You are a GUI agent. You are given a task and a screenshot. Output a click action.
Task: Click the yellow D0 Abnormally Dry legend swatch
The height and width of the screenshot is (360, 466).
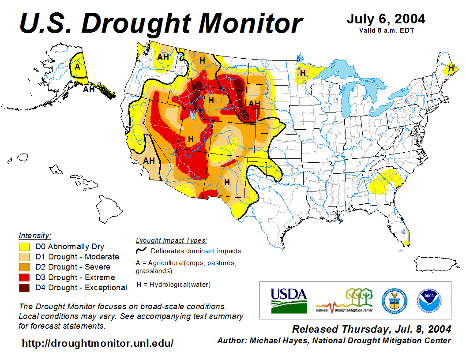24,247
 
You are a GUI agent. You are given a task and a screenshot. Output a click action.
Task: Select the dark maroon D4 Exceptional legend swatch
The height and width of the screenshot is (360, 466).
24,288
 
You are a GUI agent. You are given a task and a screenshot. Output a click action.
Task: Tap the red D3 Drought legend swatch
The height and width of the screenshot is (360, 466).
24,277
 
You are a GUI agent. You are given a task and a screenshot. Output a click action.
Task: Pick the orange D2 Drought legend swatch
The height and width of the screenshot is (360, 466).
24,267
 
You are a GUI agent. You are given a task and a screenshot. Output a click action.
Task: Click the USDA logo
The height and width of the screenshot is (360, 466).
289,300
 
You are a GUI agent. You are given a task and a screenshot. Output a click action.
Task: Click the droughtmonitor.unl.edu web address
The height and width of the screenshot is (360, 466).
98,343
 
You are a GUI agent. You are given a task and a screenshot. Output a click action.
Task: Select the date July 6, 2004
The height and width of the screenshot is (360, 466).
386,19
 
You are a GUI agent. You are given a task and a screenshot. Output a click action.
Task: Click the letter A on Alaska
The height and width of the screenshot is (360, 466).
77,67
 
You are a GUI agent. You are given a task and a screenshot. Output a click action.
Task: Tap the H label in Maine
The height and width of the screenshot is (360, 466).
451,68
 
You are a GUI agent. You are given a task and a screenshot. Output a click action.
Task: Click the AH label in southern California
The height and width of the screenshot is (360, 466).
149,161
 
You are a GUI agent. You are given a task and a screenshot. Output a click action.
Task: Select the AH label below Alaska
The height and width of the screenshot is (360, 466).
89,90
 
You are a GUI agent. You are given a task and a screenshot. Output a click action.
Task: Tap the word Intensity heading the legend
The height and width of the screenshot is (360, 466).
35,235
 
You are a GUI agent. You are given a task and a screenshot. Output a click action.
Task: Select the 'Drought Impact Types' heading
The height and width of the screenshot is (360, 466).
171,240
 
